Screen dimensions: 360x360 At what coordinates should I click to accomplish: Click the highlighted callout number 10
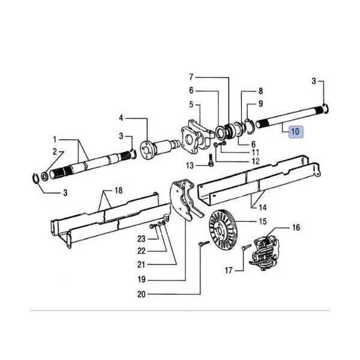(295, 132)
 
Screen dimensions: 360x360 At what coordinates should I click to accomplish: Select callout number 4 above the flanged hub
(121, 118)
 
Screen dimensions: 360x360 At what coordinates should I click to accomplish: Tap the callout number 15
(263, 221)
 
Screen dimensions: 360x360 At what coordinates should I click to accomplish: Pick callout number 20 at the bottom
(142, 295)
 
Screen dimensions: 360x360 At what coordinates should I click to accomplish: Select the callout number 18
(118, 191)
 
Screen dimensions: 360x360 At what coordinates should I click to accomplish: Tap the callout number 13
(190, 166)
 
